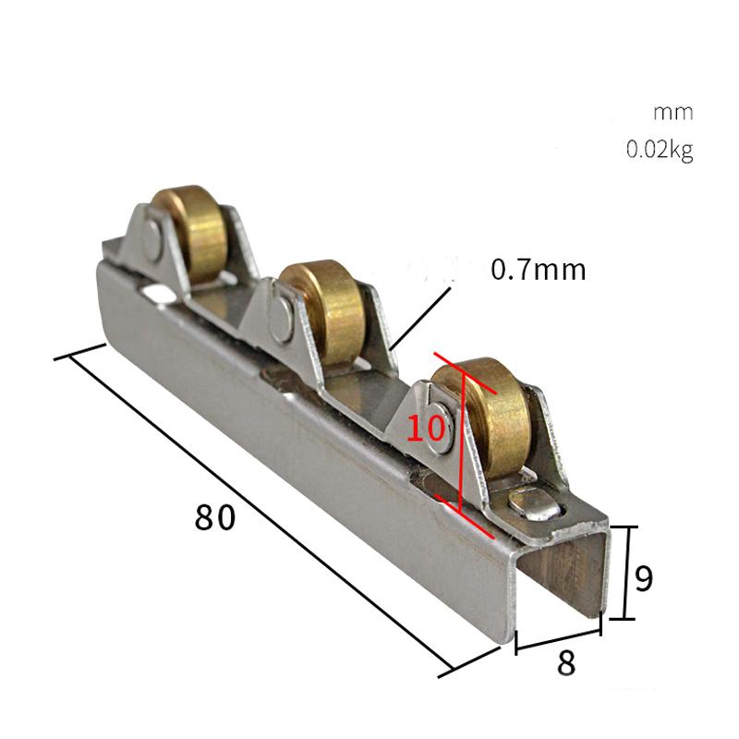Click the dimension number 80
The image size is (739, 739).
[215, 517]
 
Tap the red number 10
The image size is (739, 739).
[427, 428]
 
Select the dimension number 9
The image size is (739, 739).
[645, 578]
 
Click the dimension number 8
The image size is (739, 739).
[567, 663]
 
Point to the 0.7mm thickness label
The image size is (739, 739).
[539, 270]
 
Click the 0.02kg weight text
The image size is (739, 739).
[660, 150]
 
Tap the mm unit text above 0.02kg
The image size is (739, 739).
[672, 114]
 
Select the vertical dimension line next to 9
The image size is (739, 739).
[627, 573]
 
